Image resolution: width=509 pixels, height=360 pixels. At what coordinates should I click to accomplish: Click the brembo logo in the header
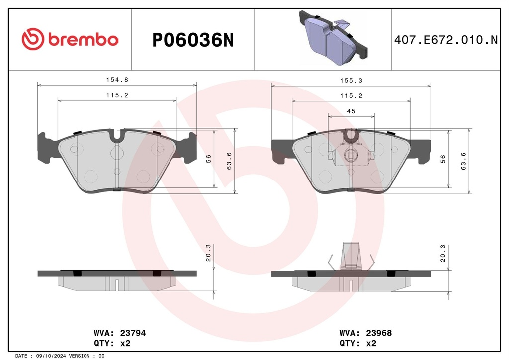pos(70,39)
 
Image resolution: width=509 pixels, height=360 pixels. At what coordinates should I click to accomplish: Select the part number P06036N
pos(193,40)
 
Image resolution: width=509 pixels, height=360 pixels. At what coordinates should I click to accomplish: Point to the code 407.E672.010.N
pos(446,40)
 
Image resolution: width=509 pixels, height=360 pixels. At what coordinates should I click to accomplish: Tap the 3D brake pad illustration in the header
pos(334,37)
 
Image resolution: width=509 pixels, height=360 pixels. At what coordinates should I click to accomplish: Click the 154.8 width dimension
pos(117,80)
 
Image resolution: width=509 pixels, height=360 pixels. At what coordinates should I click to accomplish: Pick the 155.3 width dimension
pos(351,80)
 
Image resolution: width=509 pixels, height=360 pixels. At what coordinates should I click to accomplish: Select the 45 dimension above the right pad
pos(351,111)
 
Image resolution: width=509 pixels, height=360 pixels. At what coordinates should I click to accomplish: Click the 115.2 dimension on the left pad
pos(117,95)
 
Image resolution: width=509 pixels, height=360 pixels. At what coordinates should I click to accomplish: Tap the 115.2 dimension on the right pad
pos(351,96)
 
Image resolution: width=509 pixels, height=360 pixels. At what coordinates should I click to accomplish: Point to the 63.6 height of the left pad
pos(229,161)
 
